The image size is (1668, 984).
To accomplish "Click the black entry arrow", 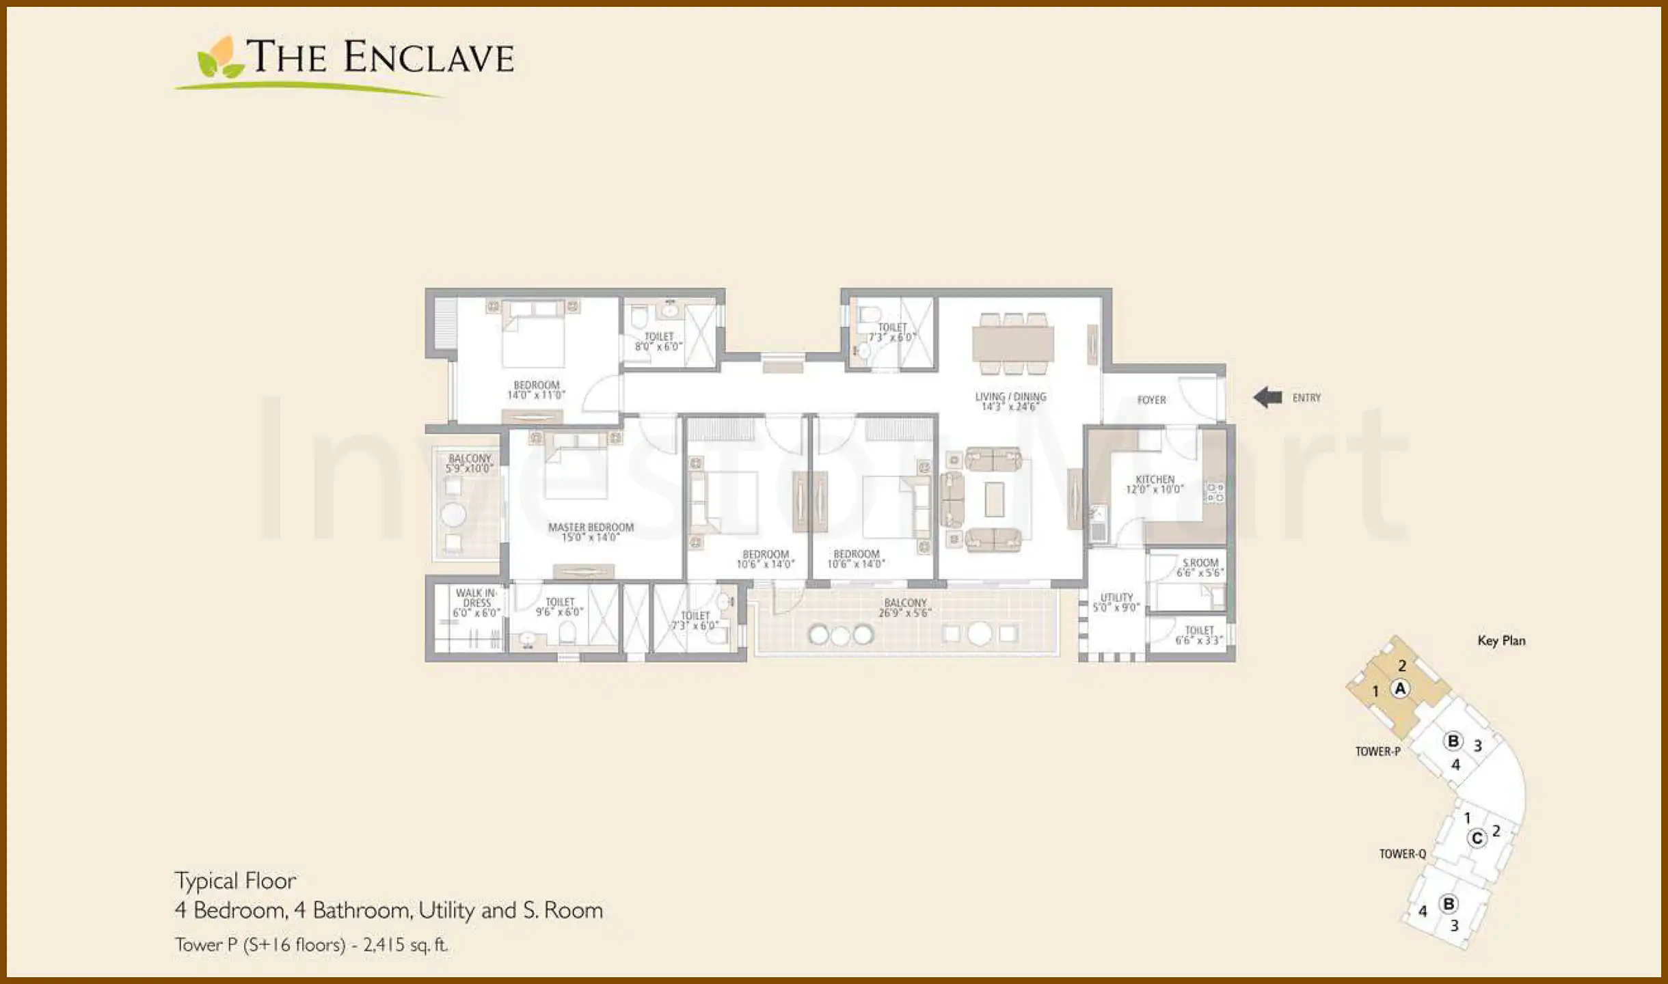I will [x=1267, y=397].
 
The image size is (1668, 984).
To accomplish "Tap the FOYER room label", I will [x=1151, y=400].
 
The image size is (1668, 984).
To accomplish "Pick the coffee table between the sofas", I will [x=994, y=499].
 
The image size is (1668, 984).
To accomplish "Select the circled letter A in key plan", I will [x=1400, y=689].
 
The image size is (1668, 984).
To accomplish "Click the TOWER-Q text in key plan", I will [x=1402, y=853].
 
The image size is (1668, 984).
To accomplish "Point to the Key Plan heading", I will [x=1501, y=640].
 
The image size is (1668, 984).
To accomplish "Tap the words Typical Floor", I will [x=235, y=881].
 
